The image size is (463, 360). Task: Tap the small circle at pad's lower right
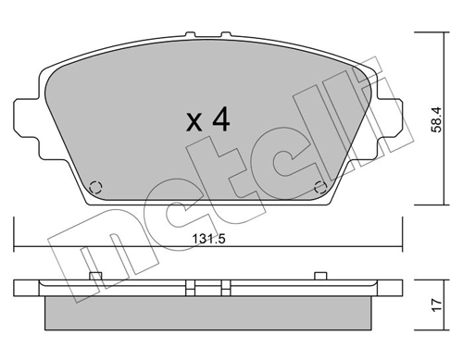point(319,184)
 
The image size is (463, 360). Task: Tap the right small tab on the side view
point(319,274)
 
